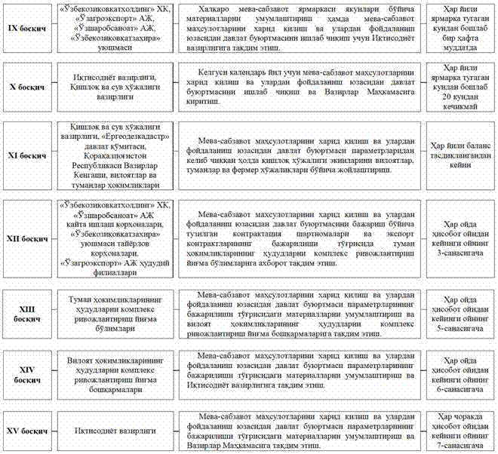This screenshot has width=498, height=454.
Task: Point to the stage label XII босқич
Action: [x=26, y=238]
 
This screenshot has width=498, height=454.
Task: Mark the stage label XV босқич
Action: [x=26, y=431]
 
